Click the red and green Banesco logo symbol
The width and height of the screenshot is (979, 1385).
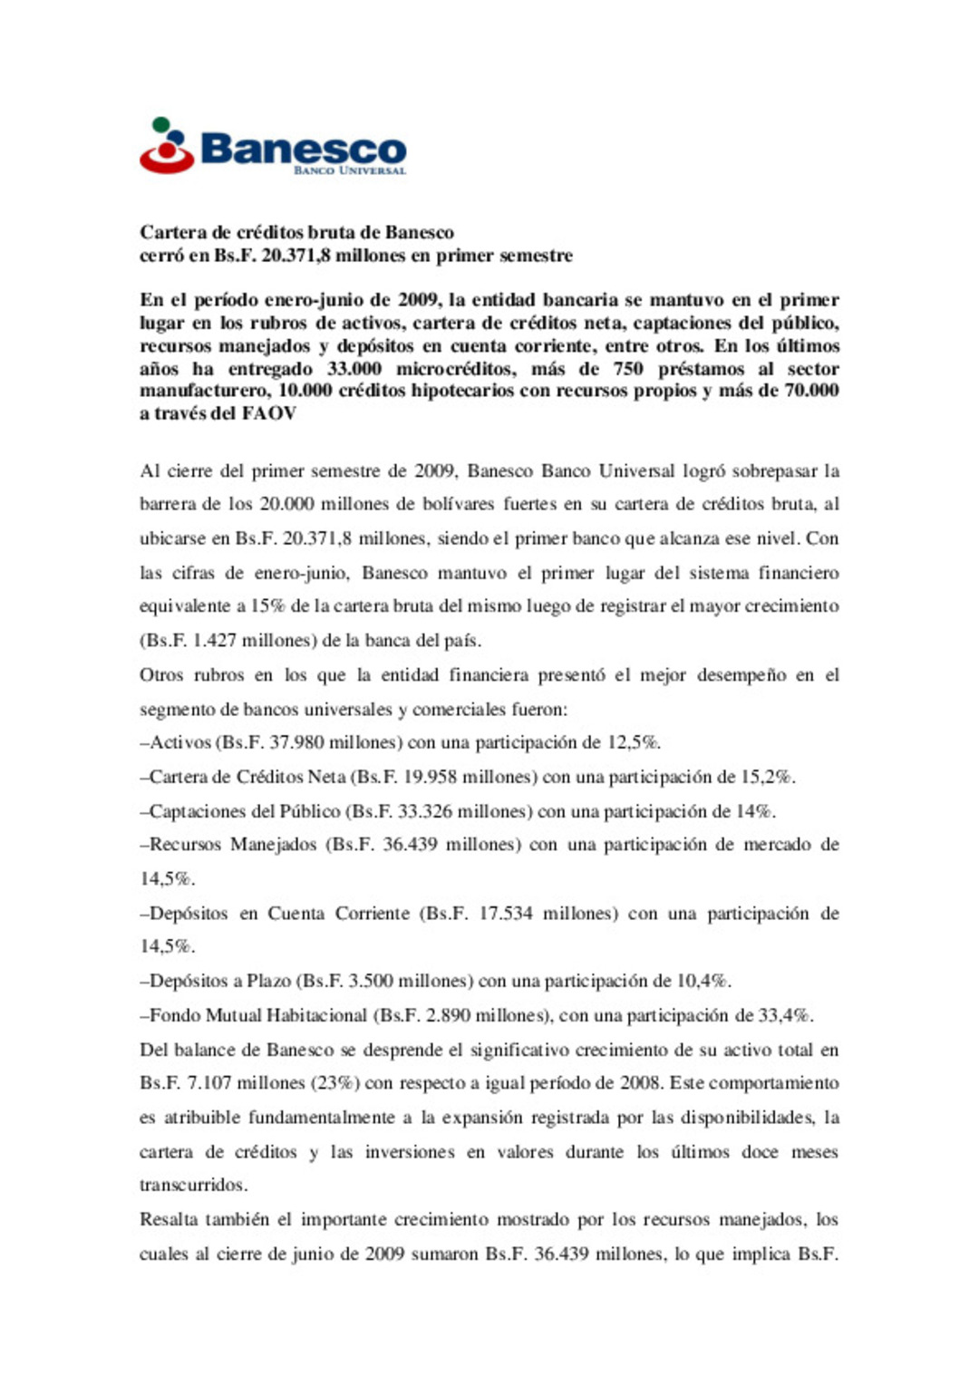pyautogui.click(x=167, y=146)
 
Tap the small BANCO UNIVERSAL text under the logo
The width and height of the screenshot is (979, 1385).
pyautogui.click(x=349, y=170)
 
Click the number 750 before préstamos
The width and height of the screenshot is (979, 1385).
pyautogui.click(x=627, y=369)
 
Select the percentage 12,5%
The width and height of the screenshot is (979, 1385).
pyautogui.click(x=634, y=743)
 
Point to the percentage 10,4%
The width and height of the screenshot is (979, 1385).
pyautogui.click(x=703, y=981)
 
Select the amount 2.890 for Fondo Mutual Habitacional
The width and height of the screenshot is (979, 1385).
pyautogui.click(x=449, y=1015)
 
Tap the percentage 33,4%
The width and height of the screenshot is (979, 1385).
pyautogui.click(x=786, y=1015)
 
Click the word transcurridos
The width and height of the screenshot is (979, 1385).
pyautogui.click(x=193, y=1186)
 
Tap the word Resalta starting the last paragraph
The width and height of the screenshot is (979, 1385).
pyautogui.click(x=168, y=1220)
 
